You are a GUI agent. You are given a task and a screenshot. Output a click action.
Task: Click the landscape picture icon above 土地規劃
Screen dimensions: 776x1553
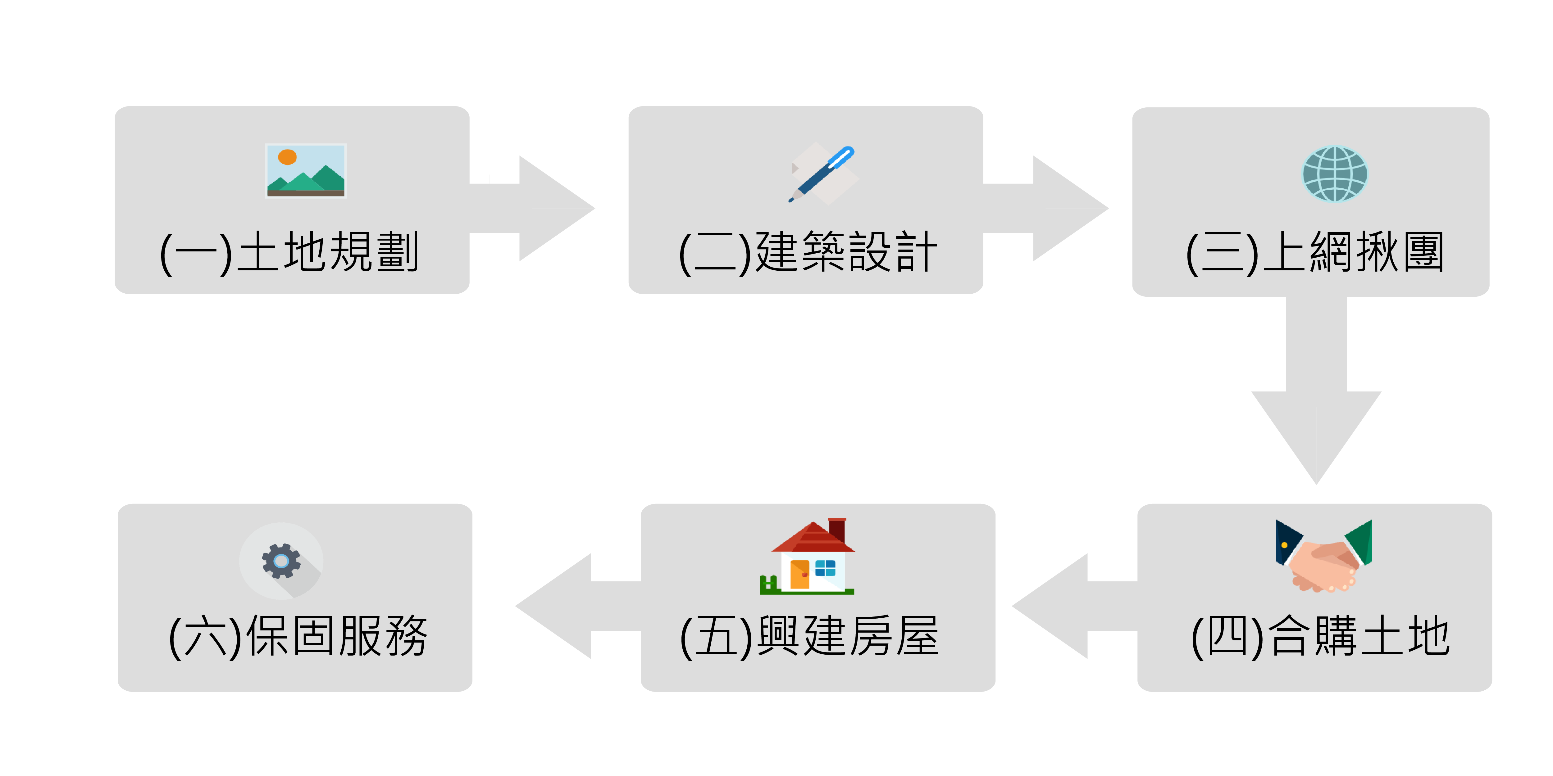click(306, 170)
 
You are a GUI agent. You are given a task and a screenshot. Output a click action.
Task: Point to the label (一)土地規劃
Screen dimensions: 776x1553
click(289, 252)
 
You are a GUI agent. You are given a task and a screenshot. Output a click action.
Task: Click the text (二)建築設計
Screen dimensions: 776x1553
click(808, 252)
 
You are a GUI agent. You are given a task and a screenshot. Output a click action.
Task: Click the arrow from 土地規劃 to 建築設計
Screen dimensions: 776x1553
click(543, 209)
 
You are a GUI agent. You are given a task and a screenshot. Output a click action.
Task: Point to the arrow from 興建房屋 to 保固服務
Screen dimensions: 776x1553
click(567, 606)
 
